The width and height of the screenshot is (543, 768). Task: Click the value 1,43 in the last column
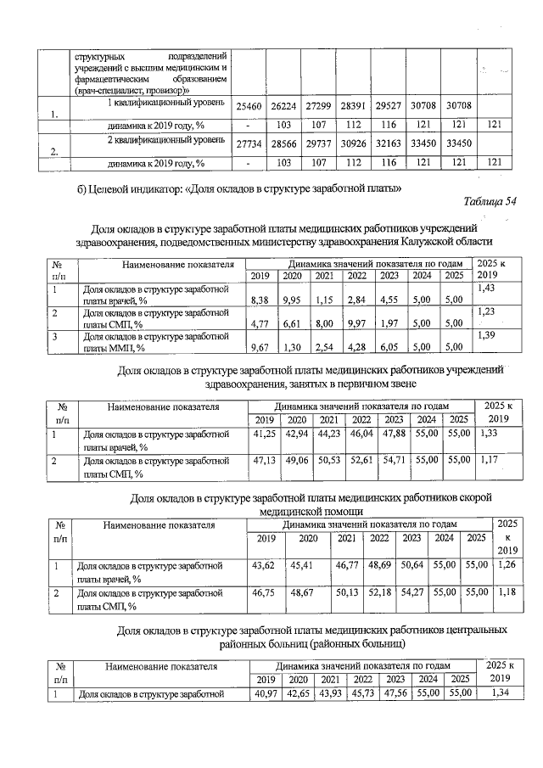tap(487, 290)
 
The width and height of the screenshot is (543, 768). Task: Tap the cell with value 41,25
tap(265, 434)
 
